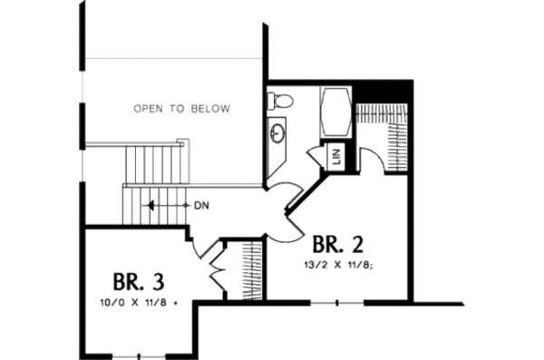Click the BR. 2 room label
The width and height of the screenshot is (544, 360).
point(338,245)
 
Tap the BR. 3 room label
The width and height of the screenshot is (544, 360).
point(139,280)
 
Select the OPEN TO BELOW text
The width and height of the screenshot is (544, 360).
point(181,109)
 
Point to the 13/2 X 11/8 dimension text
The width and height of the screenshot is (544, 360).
point(339,265)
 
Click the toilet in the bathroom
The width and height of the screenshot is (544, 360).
point(281,101)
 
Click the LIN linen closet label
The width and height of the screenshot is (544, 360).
point(337,157)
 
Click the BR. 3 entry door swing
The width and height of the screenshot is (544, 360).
point(207,248)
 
